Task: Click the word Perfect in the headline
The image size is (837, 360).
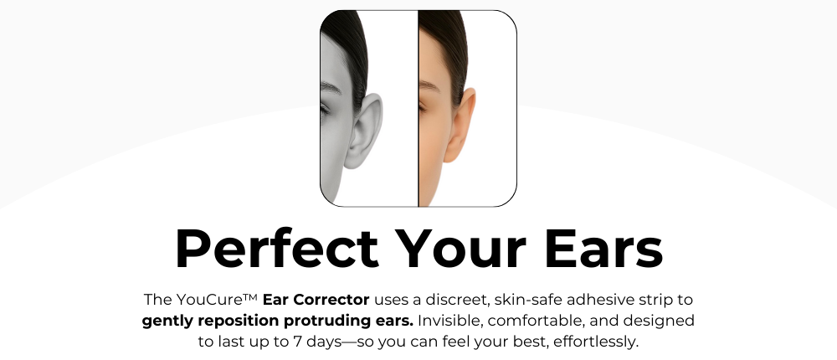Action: click(276, 249)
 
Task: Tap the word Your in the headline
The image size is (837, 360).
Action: click(462, 249)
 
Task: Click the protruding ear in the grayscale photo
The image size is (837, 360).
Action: click(365, 131)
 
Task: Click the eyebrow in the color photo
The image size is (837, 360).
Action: click(429, 85)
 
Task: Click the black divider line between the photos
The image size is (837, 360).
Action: click(418, 109)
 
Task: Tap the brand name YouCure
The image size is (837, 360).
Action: click(209, 300)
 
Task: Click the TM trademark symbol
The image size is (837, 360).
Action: click(250, 296)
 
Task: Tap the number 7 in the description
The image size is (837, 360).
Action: click(298, 342)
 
